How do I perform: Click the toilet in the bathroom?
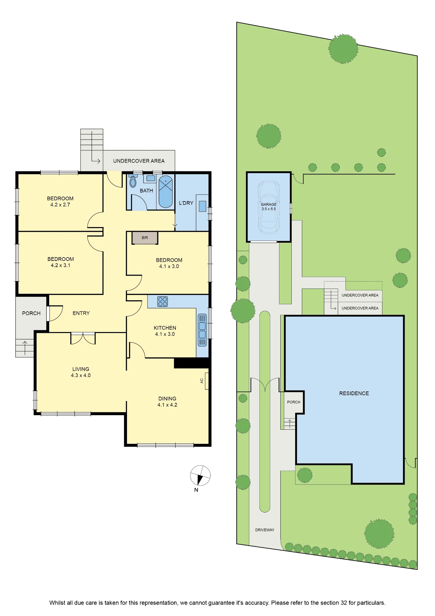[133, 181]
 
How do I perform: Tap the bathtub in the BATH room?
[166, 192]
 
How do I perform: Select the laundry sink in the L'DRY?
[202, 206]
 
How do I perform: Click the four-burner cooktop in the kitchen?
[163, 302]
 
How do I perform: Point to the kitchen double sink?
[202, 330]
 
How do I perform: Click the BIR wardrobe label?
[145, 238]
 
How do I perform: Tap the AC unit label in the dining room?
[202, 381]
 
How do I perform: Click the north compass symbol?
[200, 476]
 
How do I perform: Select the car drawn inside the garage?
[269, 207]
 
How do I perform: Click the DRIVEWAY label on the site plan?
[265, 530]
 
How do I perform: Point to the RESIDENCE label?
[354, 393]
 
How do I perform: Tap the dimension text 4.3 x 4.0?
[81, 375]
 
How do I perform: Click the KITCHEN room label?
[165, 328]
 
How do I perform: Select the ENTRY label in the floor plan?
[81, 313]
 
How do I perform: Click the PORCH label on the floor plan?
[31, 313]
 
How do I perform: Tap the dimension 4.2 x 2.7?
[60, 205]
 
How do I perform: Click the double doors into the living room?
[83, 339]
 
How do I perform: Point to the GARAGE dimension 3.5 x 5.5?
[269, 209]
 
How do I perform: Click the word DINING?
[167, 399]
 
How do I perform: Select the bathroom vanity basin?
[151, 178]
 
